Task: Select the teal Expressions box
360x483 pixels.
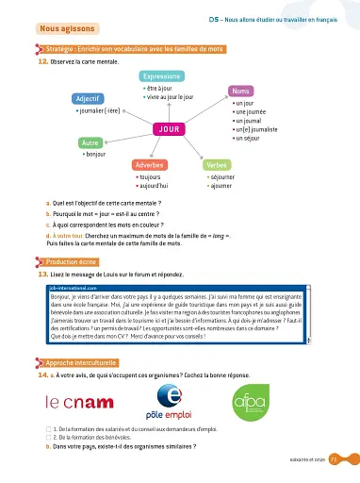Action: (162, 75)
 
